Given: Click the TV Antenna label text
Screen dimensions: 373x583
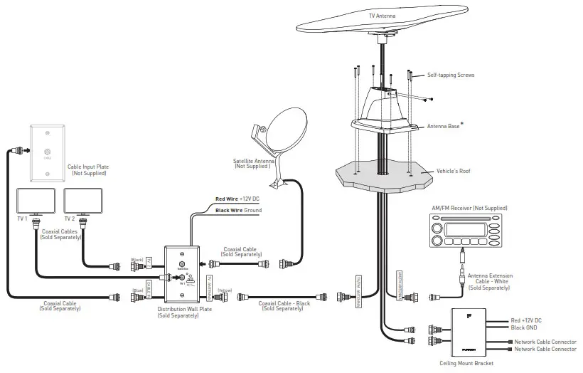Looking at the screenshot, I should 383,14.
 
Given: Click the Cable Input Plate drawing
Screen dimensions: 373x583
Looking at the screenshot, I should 46,152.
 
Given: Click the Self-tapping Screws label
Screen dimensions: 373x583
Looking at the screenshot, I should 450,75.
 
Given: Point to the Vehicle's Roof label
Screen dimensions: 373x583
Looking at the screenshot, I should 454,172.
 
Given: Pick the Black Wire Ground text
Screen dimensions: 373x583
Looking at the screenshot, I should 238,211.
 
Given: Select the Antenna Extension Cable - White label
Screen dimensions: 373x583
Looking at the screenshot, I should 487,281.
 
